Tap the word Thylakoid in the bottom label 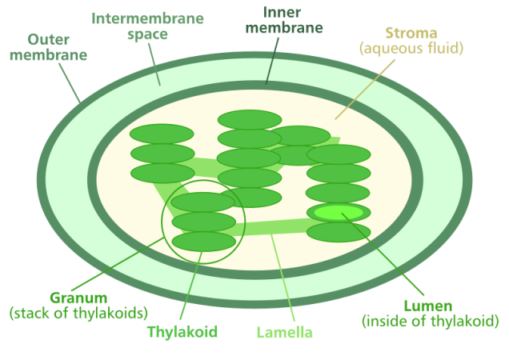pos(182,330)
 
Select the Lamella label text pos(284,331)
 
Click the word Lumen pos(428,306)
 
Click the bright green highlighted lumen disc pos(339,213)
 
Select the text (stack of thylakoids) pos(78,312)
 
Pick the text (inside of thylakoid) pos(431,322)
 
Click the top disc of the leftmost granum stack pos(162,134)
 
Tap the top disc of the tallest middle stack pos(250,120)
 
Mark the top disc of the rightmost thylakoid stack pos(339,154)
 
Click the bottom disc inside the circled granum pos(203,241)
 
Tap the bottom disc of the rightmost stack pos(339,232)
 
